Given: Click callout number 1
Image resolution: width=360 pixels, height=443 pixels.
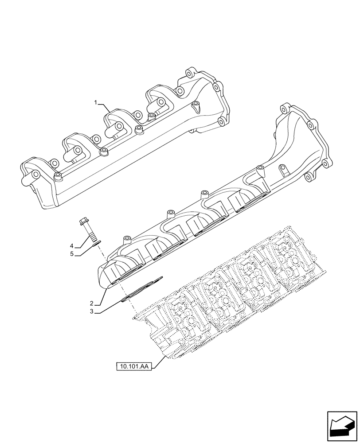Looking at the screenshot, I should click(x=95, y=103).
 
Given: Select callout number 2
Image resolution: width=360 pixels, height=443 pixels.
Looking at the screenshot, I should click(x=91, y=303).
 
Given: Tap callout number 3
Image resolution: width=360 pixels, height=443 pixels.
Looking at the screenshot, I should click(x=91, y=312).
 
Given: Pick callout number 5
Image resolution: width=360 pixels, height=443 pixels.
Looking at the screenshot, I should click(x=71, y=254).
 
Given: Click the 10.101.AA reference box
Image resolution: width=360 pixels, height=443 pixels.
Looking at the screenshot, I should click(x=133, y=367).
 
